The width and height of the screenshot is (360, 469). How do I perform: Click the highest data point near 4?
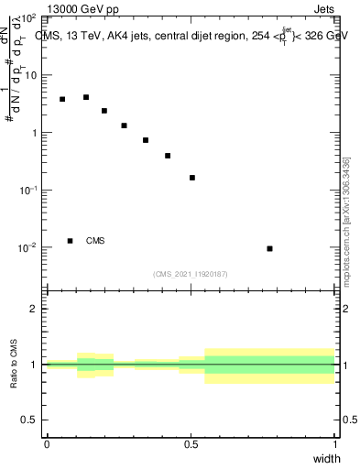pos(85,97)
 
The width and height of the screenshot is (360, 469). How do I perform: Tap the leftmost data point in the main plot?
pos(62,99)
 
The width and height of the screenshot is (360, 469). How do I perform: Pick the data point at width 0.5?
pos(191,178)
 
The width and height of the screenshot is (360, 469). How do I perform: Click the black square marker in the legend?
pos(70,241)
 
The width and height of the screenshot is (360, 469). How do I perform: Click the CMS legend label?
pos(95,241)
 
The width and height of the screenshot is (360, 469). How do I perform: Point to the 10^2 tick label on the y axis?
pos(28,18)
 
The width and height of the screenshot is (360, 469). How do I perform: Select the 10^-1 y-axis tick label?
pos(28,191)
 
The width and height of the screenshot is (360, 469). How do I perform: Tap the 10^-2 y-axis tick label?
pos(28,247)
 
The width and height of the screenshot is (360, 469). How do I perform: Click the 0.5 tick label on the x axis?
pos(191,445)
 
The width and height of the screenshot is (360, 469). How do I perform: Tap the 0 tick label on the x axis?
pos(47,445)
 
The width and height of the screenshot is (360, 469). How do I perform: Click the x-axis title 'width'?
pos(326,459)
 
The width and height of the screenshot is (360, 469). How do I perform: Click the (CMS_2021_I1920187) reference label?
pos(191,274)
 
